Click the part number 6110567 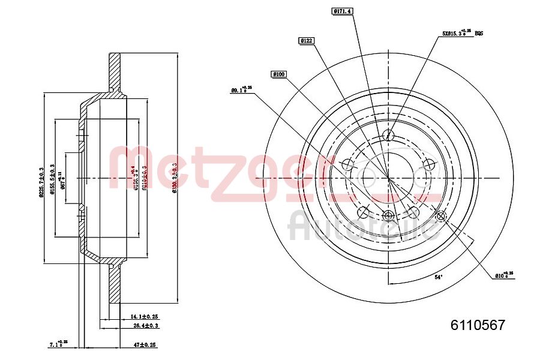point(478,325)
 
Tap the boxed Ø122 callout point(307,40)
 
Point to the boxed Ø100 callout point(279,74)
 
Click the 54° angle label point(439,277)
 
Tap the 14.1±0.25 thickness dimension point(143,316)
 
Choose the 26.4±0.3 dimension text point(145,326)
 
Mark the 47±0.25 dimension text point(143,345)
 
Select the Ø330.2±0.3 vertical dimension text point(174,178)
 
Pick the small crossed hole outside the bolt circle point(441,216)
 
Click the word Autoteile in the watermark point(362,225)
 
